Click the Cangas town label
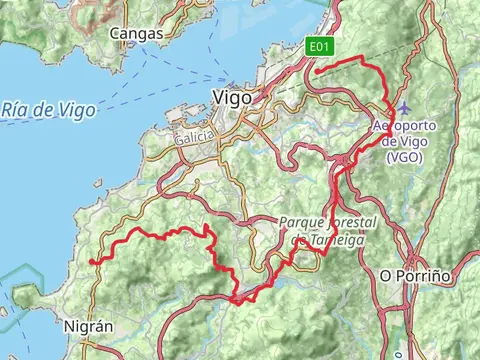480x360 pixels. pos(136,34)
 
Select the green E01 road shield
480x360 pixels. pos(319,47)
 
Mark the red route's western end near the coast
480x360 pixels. pos(92,262)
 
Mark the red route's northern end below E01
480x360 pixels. pos(316,71)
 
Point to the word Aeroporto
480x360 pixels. pos(406,127)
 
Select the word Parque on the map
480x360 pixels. pos(299,222)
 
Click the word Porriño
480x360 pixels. pos(423,274)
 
